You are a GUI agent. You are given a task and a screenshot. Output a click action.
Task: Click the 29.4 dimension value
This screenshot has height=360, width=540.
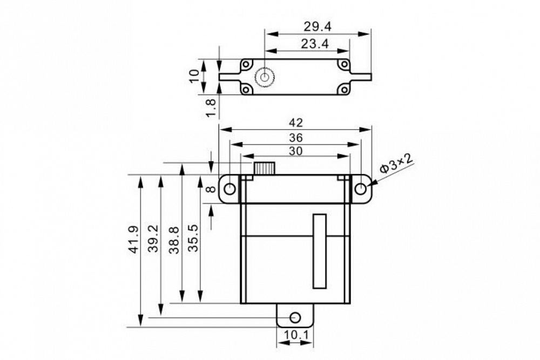coord(317,26)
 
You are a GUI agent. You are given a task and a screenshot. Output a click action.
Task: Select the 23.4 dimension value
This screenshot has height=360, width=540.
coord(315,44)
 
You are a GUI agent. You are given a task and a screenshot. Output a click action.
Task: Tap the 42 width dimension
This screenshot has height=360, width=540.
coord(295,123)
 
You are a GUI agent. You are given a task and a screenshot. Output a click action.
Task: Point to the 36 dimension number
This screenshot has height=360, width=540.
coord(295,137)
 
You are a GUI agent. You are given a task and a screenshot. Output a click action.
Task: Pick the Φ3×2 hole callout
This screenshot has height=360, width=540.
coord(396,164)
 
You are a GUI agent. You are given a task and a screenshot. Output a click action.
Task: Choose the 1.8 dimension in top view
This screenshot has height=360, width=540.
coord(212,107)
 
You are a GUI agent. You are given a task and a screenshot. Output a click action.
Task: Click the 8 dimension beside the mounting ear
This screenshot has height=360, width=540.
coord(211,189)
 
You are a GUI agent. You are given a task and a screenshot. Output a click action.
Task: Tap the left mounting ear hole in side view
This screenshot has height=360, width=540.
coord(230,189)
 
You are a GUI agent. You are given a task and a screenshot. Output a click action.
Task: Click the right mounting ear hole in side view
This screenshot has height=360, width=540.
coord(361,189)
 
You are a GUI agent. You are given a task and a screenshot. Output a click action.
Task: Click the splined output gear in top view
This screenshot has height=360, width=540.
coord(265,79)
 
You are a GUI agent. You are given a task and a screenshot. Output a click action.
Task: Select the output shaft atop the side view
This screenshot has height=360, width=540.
coord(265,168)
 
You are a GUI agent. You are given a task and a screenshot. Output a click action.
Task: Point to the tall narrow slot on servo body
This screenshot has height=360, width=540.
coord(320,251)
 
